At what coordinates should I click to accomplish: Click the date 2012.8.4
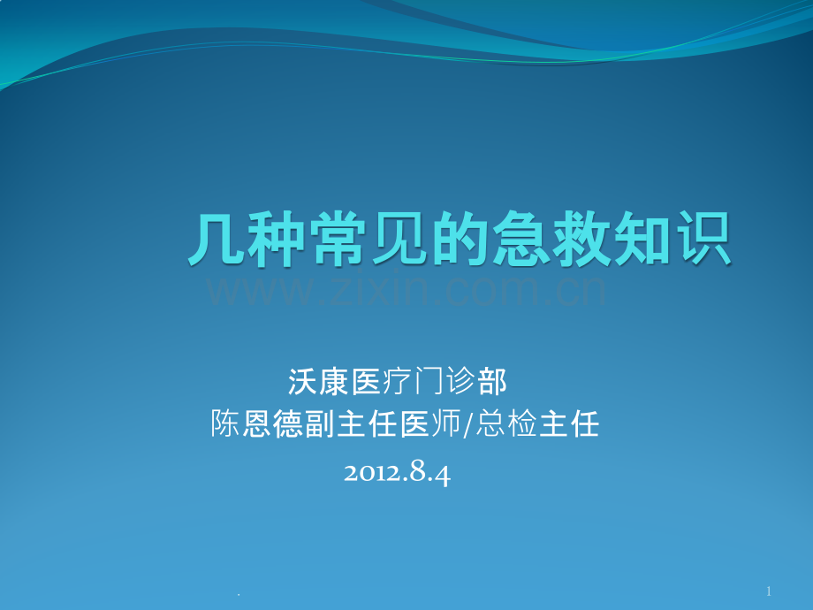pyautogui.click(x=397, y=473)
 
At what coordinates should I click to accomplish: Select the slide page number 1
pyautogui.click(x=769, y=591)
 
